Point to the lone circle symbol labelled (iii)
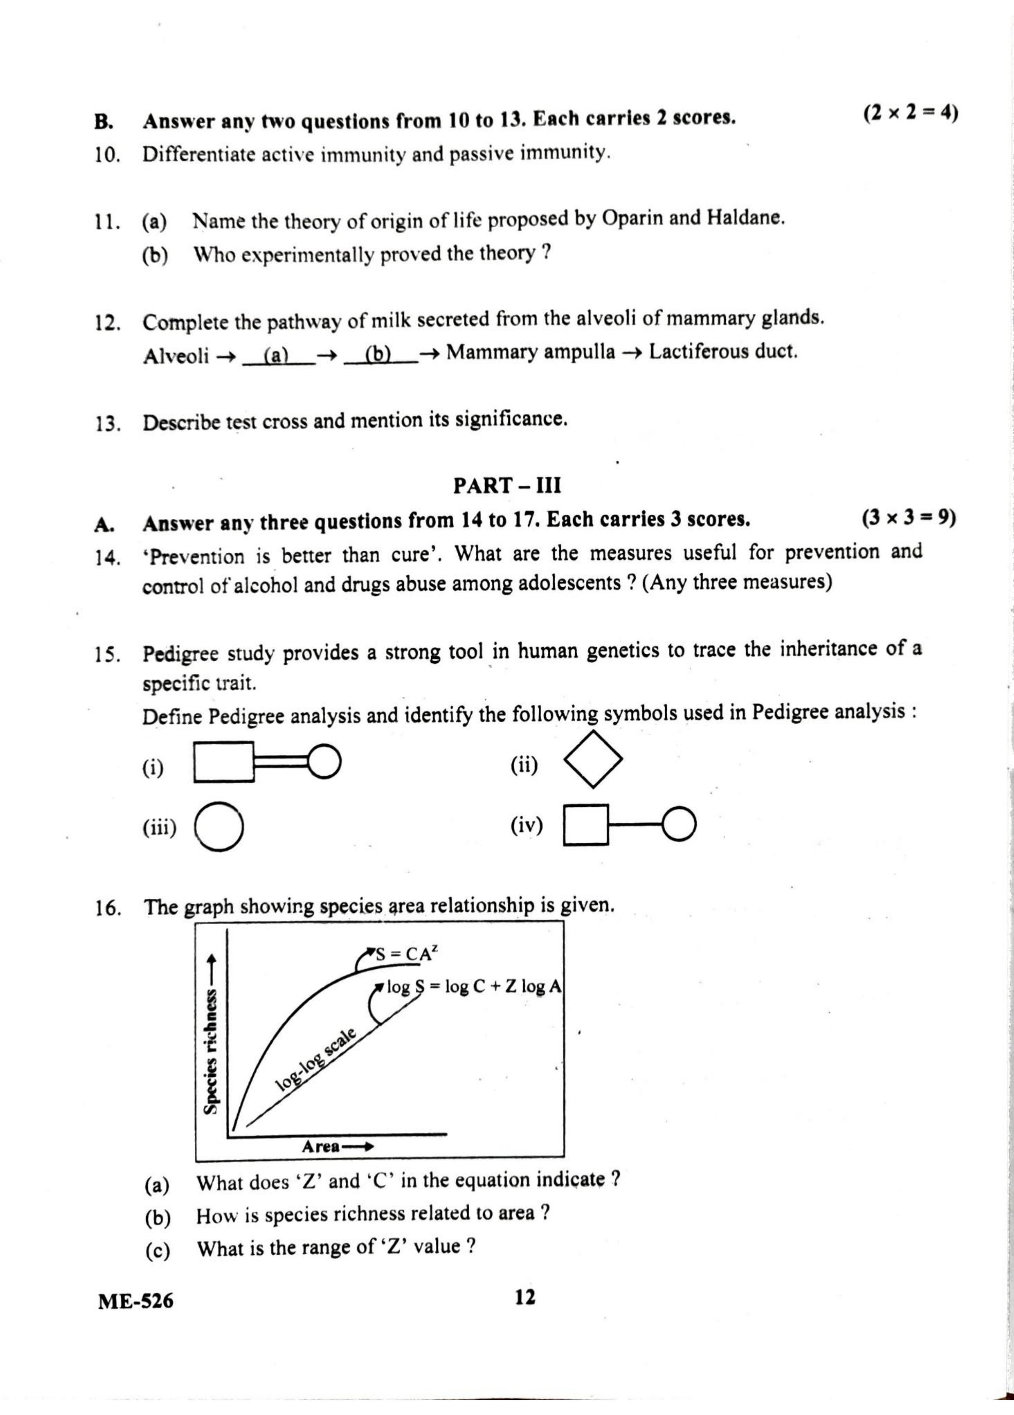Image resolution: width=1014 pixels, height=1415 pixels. [x=219, y=827]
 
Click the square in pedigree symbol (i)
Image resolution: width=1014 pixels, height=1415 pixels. [x=224, y=762]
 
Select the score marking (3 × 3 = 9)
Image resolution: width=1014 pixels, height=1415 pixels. [x=908, y=518]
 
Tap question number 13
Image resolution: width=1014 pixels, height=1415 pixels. [x=108, y=424]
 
